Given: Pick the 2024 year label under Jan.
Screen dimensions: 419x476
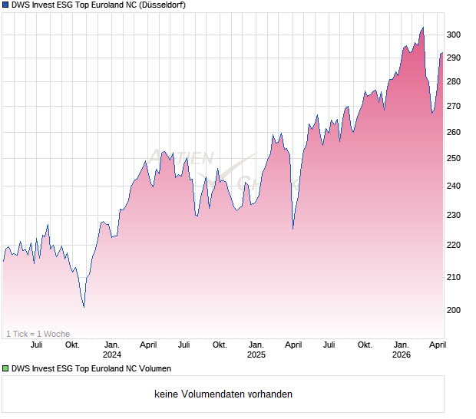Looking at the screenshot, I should tap(112, 355).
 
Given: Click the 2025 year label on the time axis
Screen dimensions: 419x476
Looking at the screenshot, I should tap(256, 355).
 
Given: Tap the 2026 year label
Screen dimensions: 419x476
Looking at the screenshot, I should tap(402, 355).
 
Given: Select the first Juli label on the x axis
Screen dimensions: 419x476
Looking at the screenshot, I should tap(35, 345).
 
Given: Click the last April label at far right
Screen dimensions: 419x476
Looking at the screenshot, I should tap(436, 345).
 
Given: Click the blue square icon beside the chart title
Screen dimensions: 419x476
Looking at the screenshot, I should tap(5, 5).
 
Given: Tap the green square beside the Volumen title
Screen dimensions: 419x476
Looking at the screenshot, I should tap(5, 368).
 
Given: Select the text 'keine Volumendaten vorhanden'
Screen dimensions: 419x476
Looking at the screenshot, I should tap(223, 394).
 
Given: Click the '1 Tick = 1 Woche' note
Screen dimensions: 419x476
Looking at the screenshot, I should tap(38, 334).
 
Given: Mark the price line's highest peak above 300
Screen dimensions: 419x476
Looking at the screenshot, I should tap(422, 28).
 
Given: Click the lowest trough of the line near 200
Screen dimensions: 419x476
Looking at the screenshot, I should tap(84, 307).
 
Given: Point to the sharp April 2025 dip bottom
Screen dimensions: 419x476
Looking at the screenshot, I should tap(293, 228).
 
